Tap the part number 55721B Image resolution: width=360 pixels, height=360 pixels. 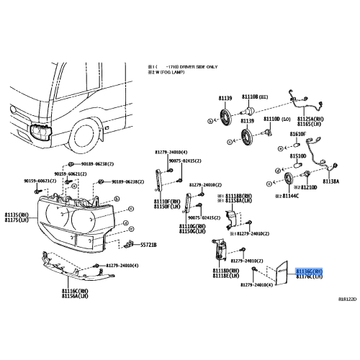148,245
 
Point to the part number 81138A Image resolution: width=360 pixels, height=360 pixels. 330,181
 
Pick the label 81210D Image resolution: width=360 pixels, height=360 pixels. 308,186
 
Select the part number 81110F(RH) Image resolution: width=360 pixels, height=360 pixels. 168,202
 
